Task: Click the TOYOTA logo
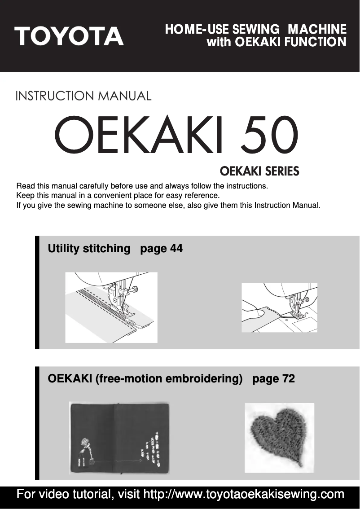tap(69, 36)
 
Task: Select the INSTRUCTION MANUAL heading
tap(83, 96)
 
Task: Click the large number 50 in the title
tap(268, 135)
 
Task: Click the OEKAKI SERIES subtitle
tap(259, 172)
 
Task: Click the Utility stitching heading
tap(88, 248)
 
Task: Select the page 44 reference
tap(162, 248)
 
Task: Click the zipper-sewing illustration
tap(111, 307)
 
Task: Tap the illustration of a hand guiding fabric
tap(279, 307)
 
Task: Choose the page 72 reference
tap(274, 379)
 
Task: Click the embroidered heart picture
tap(279, 437)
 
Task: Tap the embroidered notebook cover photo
tap(119, 438)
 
